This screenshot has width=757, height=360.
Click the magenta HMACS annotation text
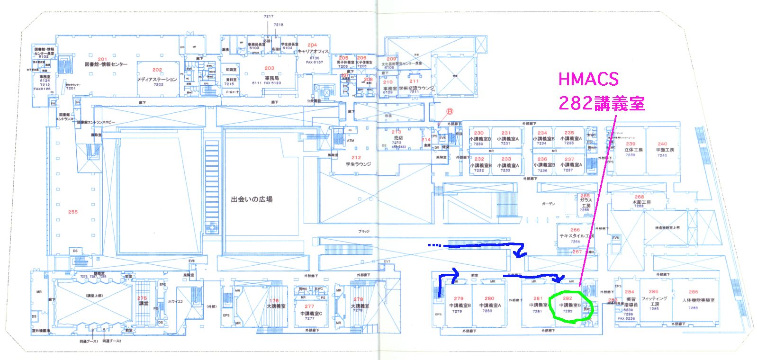pos(589,79)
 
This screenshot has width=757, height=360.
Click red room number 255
pos(72,212)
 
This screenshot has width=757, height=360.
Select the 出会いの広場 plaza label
pos(252,199)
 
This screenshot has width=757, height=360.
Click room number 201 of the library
pos(103,59)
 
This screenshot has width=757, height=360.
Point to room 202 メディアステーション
pos(157,70)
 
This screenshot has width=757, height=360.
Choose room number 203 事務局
pos(269,68)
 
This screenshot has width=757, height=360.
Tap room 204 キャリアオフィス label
pos(312,45)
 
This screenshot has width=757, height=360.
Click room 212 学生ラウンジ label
pos(356,158)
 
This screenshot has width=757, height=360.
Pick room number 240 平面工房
pos(662,144)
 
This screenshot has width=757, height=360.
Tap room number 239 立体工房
pos(630,144)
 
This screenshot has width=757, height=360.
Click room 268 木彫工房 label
pos(639,197)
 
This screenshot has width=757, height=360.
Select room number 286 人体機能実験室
pos(693,292)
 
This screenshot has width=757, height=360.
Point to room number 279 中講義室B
pos(458,299)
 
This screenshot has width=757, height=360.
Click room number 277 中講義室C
pos(309,306)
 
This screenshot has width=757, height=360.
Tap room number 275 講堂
pos(142,298)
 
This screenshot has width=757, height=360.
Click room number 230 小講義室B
pos(479,133)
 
